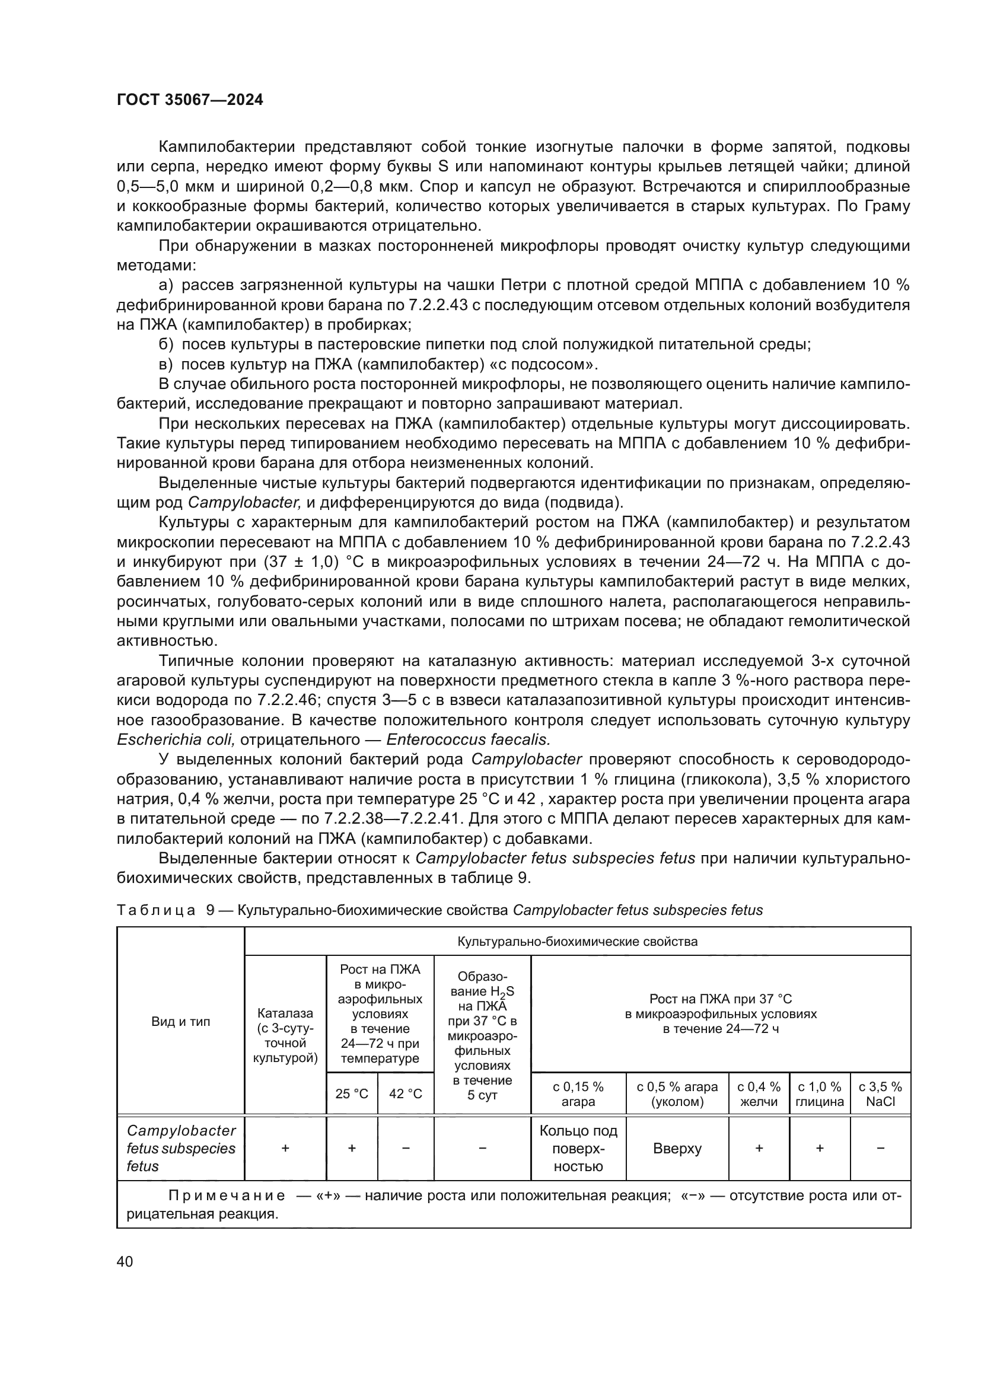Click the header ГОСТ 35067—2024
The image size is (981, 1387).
pos(190,100)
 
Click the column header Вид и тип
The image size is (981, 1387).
pos(181,1022)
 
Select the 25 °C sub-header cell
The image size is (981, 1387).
pos(352,1094)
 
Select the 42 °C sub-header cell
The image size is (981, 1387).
pos(405,1094)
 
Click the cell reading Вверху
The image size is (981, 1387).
pos(677,1149)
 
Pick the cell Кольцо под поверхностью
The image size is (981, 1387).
pos(578,1149)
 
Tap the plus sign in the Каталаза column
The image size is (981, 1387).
pos(285,1149)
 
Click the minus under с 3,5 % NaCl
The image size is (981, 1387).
pos(880,1149)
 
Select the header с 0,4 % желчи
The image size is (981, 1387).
pos(759,1094)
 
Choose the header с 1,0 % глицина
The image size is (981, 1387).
pos(819,1094)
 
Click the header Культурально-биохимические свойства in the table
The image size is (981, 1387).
pos(577,942)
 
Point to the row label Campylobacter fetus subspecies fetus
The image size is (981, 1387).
pos(181,1149)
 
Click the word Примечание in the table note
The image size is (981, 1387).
pos(227,1196)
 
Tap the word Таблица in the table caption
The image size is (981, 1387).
pos(156,910)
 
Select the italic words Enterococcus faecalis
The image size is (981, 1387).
pos(468,739)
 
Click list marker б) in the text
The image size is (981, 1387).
pos(165,345)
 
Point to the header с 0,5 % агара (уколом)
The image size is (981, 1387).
pos(677,1094)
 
